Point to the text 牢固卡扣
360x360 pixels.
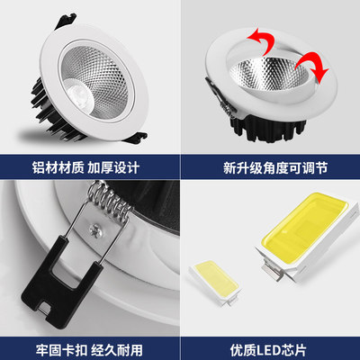pyautogui.click(x=56, y=346)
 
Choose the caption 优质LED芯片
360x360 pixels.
pyautogui.click(x=270, y=346)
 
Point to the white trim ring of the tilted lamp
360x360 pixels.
pyautogui.click(x=225, y=99)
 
